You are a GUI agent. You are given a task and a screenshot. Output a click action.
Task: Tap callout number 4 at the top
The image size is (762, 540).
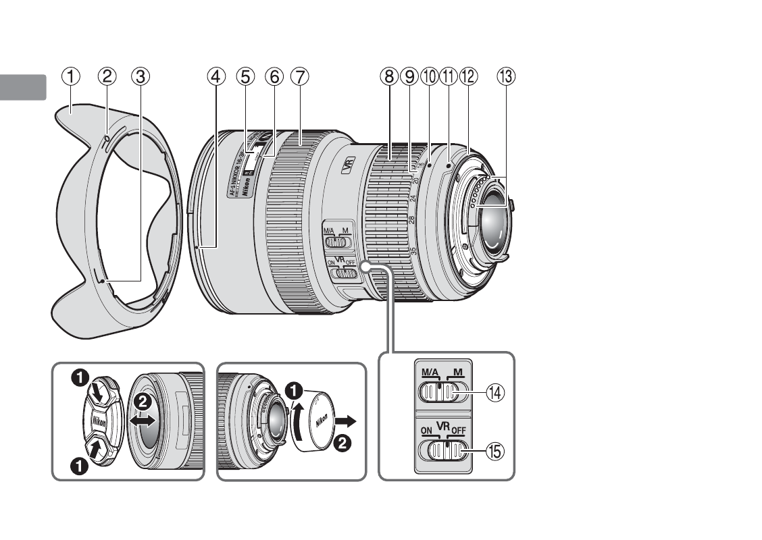tap(215, 76)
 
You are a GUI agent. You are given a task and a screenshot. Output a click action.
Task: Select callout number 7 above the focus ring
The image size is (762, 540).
tap(299, 76)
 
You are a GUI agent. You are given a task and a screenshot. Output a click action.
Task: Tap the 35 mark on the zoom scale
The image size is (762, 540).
tap(413, 250)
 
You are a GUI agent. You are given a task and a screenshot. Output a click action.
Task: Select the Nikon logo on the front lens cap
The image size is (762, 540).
tap(99, 422)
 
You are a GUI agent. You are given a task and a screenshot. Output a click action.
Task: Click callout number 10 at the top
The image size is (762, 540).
tap(428, 76)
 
